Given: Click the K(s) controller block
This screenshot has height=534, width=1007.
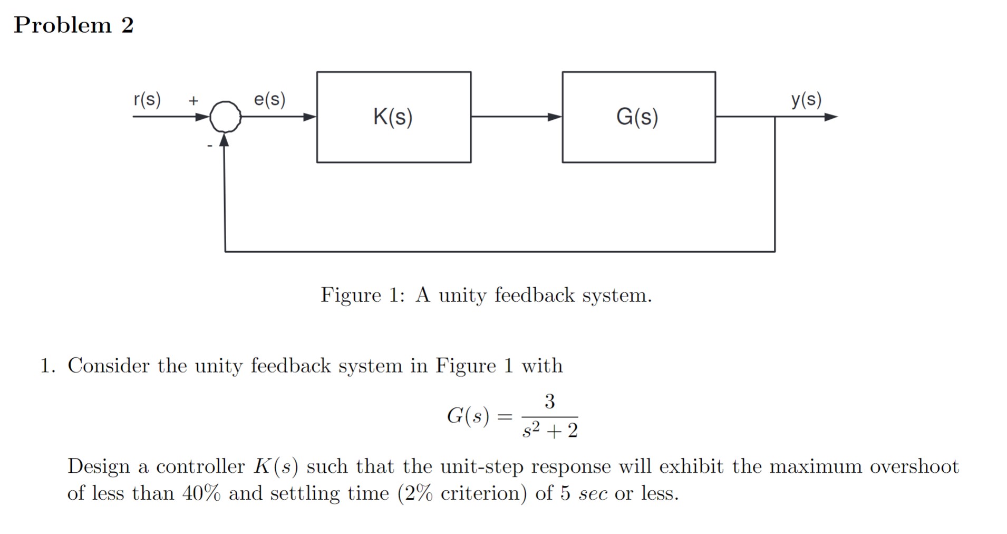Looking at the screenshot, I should [x=393, y=117].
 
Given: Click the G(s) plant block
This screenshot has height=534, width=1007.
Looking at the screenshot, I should [x=638, y=117].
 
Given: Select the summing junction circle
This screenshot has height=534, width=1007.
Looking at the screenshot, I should [x=226, y=117].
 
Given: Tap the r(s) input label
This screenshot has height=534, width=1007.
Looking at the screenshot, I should [x=147, y=99].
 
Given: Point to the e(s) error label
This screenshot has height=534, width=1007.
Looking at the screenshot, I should [x=269, y=99].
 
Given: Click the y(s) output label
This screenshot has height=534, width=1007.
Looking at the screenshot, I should [x=806, y=99].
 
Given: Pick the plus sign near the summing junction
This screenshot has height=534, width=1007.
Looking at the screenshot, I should [x=193, y=100].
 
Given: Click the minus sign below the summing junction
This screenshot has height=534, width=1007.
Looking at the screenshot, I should [x=209, y=145].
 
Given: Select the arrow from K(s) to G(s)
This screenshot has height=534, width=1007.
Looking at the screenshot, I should [x=517, y=117].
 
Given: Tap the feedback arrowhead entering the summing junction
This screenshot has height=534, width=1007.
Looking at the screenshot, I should [x=225, y=140].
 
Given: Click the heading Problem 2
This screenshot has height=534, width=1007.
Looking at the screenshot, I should [x=74, y=25].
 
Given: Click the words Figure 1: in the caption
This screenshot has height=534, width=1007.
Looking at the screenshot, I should [x=363, y=294].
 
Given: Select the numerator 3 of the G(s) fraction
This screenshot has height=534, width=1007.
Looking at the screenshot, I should [x=549, y=402].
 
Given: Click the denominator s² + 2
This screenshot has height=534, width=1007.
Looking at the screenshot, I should [x=550, y=431].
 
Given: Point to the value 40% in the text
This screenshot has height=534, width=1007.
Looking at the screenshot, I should [x=201, y=493].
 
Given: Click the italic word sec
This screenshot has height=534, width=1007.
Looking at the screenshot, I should [x=593, y=493].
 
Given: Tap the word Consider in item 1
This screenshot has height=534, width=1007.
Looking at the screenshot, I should [x=109, y=365].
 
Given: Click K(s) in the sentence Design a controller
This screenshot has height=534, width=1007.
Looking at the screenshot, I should [x=276, y=466].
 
